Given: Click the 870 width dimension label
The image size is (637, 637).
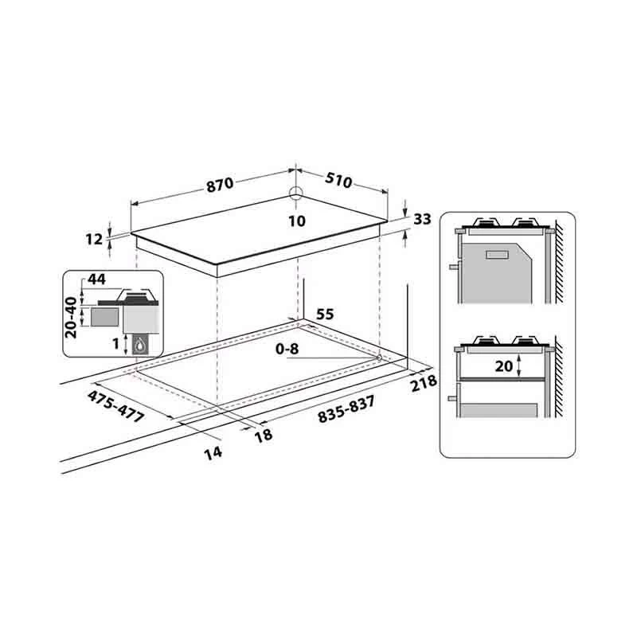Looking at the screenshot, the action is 220,185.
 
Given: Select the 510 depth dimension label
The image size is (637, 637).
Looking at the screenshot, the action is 338,181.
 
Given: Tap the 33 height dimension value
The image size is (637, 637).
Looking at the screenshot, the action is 422,220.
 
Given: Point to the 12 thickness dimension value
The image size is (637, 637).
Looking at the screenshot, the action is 94,240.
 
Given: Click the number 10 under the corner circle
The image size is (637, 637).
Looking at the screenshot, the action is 297,221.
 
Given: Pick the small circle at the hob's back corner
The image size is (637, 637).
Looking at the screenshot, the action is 296,193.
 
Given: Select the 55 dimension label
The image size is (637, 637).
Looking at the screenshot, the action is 325,314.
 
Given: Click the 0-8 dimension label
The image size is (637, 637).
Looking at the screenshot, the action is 287,349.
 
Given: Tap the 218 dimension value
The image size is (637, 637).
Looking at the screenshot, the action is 424,383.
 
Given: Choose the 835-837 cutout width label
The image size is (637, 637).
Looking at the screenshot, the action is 346,409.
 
